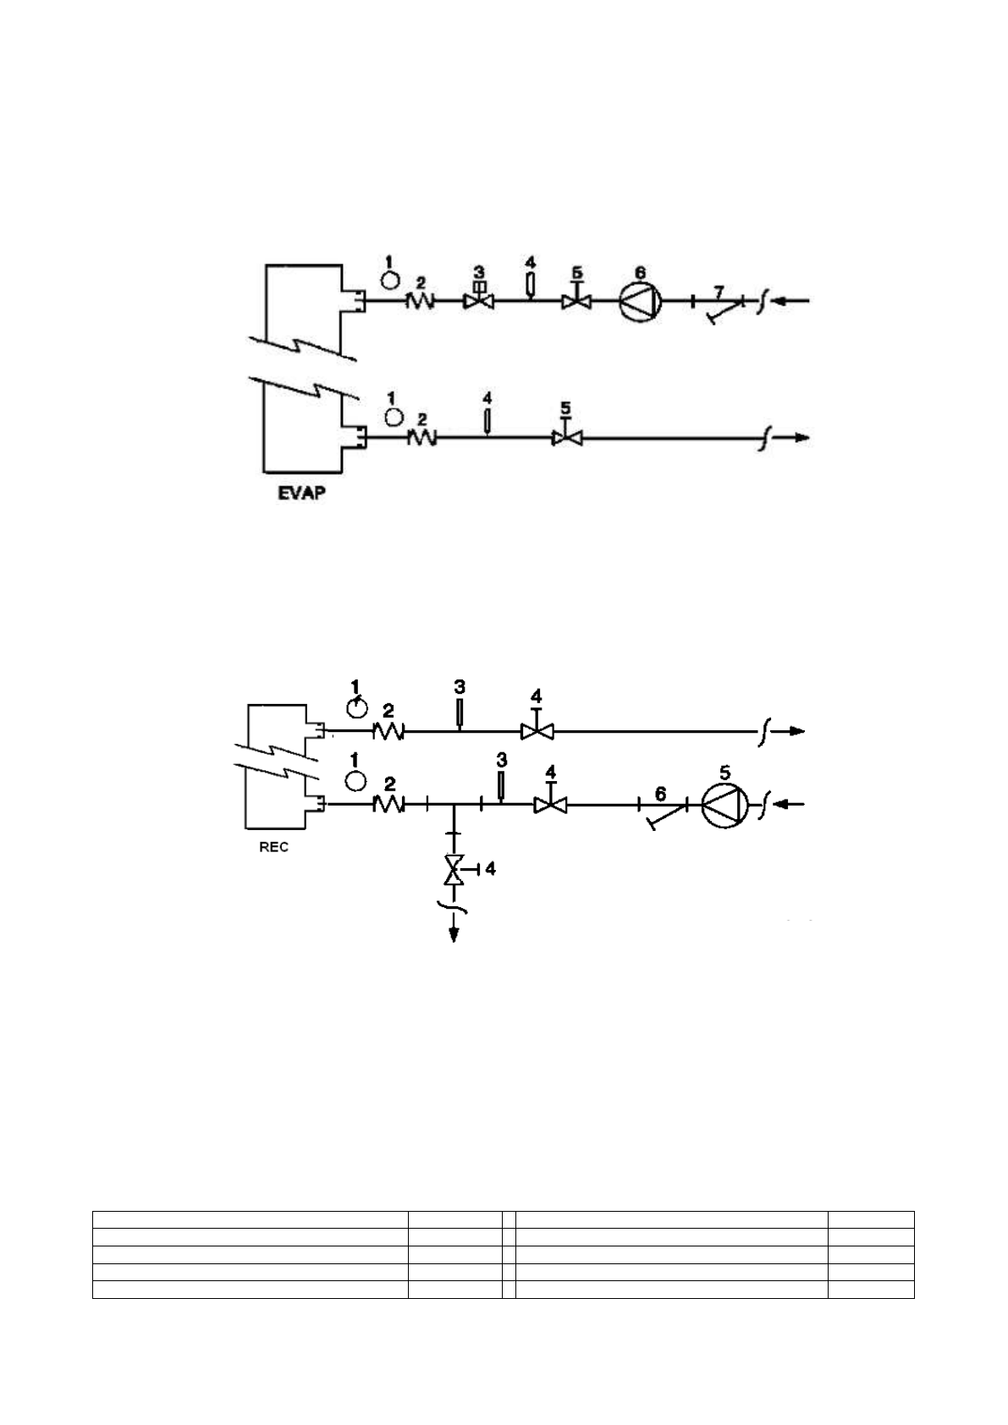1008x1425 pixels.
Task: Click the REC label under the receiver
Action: pyautogui.click(x=273, y=847)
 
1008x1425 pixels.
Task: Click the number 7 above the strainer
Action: pyautogui.click(x=718, y=291)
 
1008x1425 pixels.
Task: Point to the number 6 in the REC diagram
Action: pyautogui.click(x=661, y=794)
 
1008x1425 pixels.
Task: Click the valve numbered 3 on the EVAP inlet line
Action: pyautogui.click(x=478, y=300)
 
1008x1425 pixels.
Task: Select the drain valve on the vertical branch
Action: pyautogui.click(x=454, y=869)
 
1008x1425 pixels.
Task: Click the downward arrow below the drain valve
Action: pyautogui.click(x=454, y=931)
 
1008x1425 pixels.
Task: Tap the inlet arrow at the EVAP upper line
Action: pyautogui.click(x=794, y=300)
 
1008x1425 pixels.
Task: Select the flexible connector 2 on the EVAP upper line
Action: pyautogui.click(x=421, y=300)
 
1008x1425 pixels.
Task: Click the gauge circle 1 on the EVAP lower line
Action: pyautogui.click(x=393, y=416)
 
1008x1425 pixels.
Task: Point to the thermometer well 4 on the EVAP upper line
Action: pyautogui.click(x=530, y=285)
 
